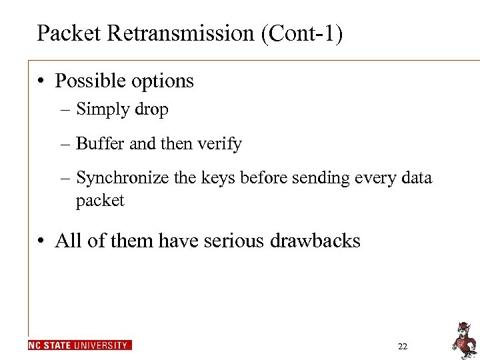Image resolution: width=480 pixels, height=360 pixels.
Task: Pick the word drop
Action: tap(151, 109)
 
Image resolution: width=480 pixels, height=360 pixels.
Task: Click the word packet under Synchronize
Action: tap(100, 201)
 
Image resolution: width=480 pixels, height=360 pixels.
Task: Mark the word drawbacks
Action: tap(315, 240)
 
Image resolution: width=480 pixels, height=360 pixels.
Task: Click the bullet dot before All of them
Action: tap(41, 241)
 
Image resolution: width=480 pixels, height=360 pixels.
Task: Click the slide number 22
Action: tap(402, 346)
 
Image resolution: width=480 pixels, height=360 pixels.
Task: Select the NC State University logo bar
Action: tap(79, 345)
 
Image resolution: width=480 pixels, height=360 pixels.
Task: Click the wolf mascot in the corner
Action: tap(462, 339)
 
